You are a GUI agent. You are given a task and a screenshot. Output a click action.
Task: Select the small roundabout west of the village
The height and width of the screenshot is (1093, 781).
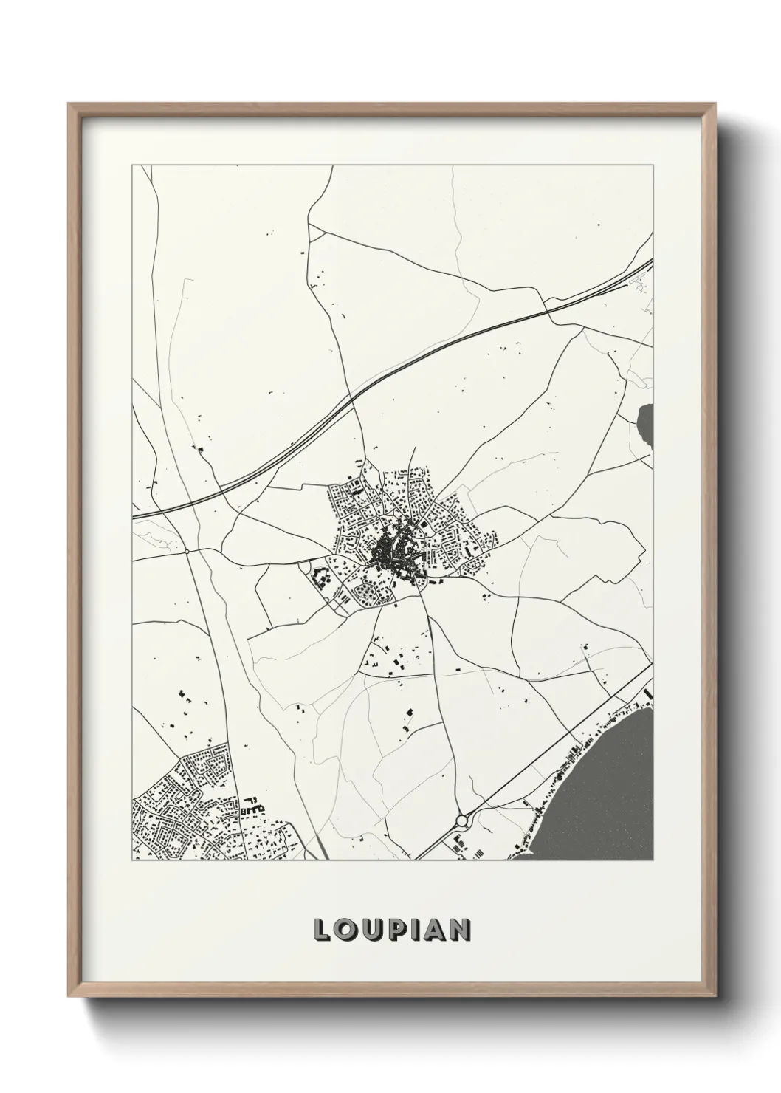[x=187, y=551]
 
